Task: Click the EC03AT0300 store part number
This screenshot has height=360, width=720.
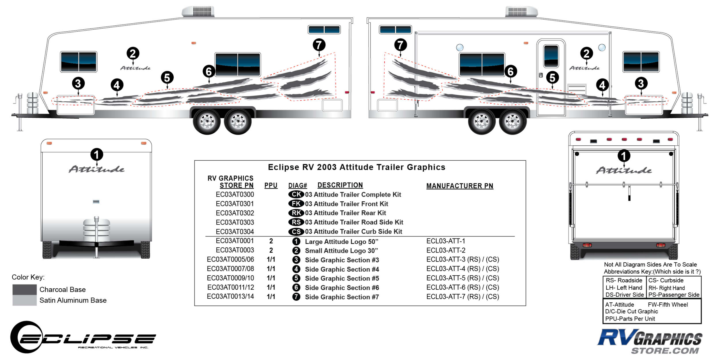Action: [235, 195]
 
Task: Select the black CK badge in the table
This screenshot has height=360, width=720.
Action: [296, 194]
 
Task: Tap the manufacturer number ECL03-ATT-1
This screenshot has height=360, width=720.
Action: [446, 241]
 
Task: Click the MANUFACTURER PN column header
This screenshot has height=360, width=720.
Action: [460, 186]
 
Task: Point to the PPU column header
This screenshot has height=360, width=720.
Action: [271, 185]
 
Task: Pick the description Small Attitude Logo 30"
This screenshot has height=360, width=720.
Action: [341, 251]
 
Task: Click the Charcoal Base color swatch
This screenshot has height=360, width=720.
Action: [24, 289]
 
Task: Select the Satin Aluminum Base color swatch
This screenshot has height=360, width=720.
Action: [24, 300]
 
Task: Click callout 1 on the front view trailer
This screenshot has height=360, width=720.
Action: [96, 155]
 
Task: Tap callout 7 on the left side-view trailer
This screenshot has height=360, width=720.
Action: [319, 45]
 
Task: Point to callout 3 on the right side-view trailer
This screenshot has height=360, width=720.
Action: [641, 84]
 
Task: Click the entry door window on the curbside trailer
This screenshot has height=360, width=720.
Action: [551, 56]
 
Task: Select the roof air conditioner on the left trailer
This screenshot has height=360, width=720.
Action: [198, 12]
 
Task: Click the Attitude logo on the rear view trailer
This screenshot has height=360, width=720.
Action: [624, 170]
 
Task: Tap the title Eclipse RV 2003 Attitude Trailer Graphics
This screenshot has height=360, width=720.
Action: [357, 167]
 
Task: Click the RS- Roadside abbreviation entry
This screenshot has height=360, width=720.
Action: [624, 281]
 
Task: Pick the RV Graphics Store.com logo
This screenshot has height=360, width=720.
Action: [650, 341]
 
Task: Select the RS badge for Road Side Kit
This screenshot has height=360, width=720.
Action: [296, 222]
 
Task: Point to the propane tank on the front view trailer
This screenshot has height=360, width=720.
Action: [96, 229]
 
